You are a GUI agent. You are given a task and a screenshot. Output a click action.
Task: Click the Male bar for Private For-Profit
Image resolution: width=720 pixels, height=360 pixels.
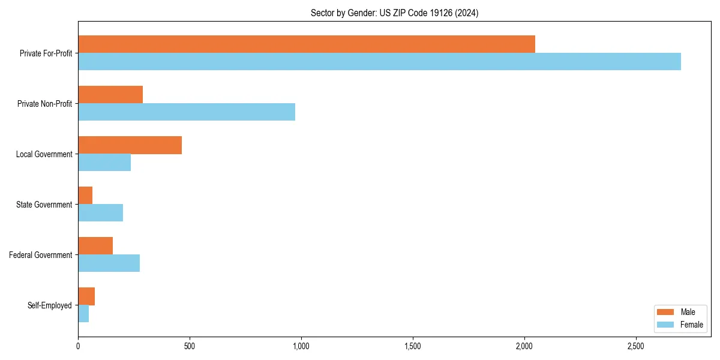306,44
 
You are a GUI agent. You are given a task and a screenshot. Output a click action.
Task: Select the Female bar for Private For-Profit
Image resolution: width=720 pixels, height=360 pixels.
379,61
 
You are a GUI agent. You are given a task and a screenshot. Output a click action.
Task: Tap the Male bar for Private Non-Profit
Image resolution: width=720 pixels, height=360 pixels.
110,95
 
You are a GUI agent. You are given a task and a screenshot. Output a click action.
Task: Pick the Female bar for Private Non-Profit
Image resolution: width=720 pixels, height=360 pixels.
187,112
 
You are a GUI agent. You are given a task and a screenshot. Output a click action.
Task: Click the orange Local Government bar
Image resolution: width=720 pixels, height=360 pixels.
130,145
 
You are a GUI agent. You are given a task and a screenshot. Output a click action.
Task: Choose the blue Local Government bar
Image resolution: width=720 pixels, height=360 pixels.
104,162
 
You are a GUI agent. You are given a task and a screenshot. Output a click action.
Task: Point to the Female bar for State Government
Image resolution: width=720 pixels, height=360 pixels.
100,212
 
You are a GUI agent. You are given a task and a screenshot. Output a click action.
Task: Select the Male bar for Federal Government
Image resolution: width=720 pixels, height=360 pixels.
95,246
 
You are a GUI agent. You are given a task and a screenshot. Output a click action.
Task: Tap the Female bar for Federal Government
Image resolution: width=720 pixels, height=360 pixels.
109,263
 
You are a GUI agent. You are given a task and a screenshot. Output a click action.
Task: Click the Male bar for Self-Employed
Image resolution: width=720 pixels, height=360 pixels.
86,296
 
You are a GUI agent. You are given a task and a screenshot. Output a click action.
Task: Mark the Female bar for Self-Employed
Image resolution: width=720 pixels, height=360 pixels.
83,313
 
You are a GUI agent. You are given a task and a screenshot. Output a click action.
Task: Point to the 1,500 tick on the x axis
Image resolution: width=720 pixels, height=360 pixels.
413,346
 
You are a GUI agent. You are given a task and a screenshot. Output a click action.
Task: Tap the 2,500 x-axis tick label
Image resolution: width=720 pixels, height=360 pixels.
636,346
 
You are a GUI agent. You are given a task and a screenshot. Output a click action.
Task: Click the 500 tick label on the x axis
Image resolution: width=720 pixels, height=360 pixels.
189,346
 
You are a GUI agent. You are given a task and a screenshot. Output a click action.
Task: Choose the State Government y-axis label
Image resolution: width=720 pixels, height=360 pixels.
44,205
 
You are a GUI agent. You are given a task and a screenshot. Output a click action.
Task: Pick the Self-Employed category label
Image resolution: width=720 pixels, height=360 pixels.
50,305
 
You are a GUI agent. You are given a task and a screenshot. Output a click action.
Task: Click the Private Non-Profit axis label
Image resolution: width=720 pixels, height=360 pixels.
44,104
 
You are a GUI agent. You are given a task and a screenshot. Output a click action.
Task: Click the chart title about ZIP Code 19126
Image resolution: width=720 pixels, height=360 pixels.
394,13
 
